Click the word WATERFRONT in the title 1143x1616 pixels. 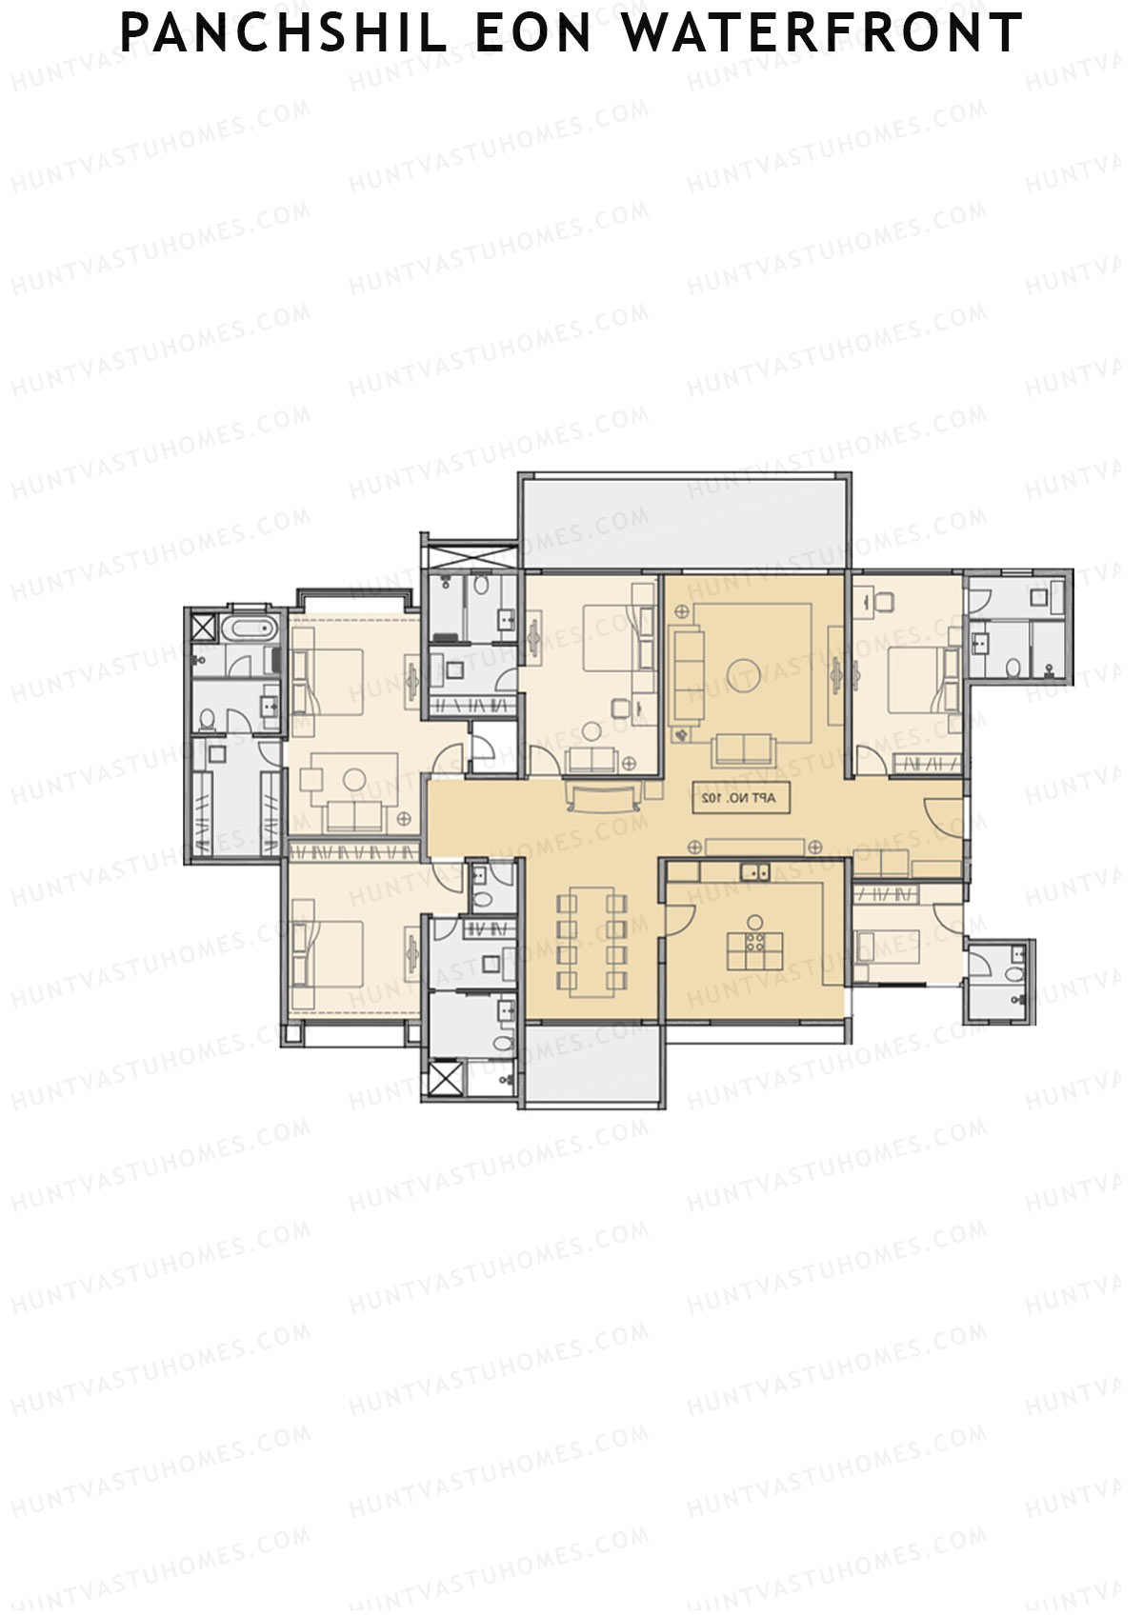tap(823, 32)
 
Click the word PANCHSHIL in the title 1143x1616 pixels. tap(283, 32)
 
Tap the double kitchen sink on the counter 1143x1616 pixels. tap(754, 869)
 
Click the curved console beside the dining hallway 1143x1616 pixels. tap(604, 795)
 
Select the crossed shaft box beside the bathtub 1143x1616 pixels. tap(203, 628)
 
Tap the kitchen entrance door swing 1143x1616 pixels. tap(678, 914)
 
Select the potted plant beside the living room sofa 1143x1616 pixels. tap(681, 734)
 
